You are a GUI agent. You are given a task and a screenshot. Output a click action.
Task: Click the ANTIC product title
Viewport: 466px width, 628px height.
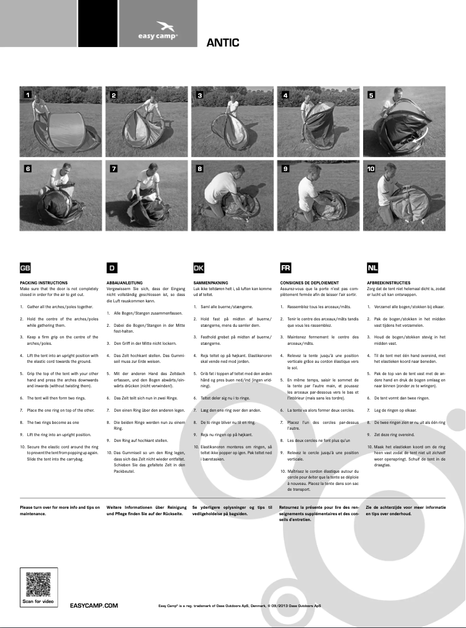pos(223,42)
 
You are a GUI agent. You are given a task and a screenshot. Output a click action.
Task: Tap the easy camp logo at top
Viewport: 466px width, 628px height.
pos(158,30)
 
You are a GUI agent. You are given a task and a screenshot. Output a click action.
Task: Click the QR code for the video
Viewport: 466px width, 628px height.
pos(38,583)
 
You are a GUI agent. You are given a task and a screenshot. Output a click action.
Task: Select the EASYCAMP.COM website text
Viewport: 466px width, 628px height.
pos(94,605)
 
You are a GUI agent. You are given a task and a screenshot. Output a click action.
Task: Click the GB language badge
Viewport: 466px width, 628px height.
pos(26,267)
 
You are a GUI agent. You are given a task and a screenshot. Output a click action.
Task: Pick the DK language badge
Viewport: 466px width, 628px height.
pos(198,267)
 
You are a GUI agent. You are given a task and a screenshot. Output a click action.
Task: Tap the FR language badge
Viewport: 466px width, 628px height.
pos(285,267)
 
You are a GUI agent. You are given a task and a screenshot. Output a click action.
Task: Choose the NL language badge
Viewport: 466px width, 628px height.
pos(372,267)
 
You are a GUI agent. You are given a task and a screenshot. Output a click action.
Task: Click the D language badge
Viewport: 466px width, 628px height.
pos(112,267)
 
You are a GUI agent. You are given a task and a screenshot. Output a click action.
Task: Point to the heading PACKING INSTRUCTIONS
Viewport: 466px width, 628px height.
pos(44,283)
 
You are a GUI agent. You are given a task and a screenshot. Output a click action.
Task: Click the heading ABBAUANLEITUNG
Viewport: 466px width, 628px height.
pos(124,283)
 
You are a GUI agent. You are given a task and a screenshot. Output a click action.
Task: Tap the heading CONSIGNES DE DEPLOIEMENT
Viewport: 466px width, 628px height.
pos(309,283)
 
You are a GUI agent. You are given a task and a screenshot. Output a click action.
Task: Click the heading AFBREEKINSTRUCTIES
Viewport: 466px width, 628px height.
pos(388,283)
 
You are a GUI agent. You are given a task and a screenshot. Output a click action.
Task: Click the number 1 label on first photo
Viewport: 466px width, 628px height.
pos(27,94)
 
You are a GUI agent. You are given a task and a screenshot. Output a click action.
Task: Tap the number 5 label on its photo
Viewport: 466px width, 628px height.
pos(371,94)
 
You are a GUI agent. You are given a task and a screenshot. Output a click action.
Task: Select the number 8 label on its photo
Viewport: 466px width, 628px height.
pos(200,169)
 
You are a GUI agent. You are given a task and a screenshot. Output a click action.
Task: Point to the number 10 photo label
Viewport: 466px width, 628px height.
pos(372,169)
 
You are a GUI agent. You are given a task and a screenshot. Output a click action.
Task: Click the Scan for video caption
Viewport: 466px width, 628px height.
pos(38,601)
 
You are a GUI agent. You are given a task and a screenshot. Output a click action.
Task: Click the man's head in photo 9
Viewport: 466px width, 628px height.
pos(314,172)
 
